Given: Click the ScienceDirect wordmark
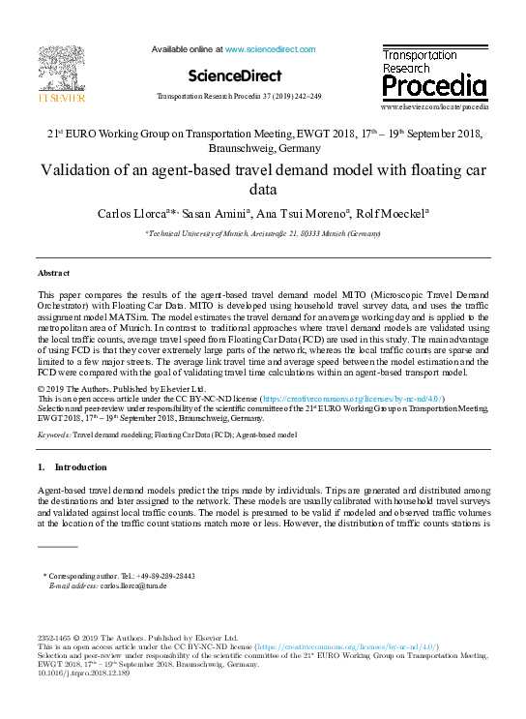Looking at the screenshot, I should (234, 75).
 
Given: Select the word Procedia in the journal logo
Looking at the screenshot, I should (434, 87).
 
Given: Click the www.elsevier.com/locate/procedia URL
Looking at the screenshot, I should (435, 105).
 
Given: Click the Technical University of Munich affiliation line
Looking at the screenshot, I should (263, 234).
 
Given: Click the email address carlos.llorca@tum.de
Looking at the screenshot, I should (134, 585).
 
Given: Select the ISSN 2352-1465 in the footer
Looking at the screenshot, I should (56, 639).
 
